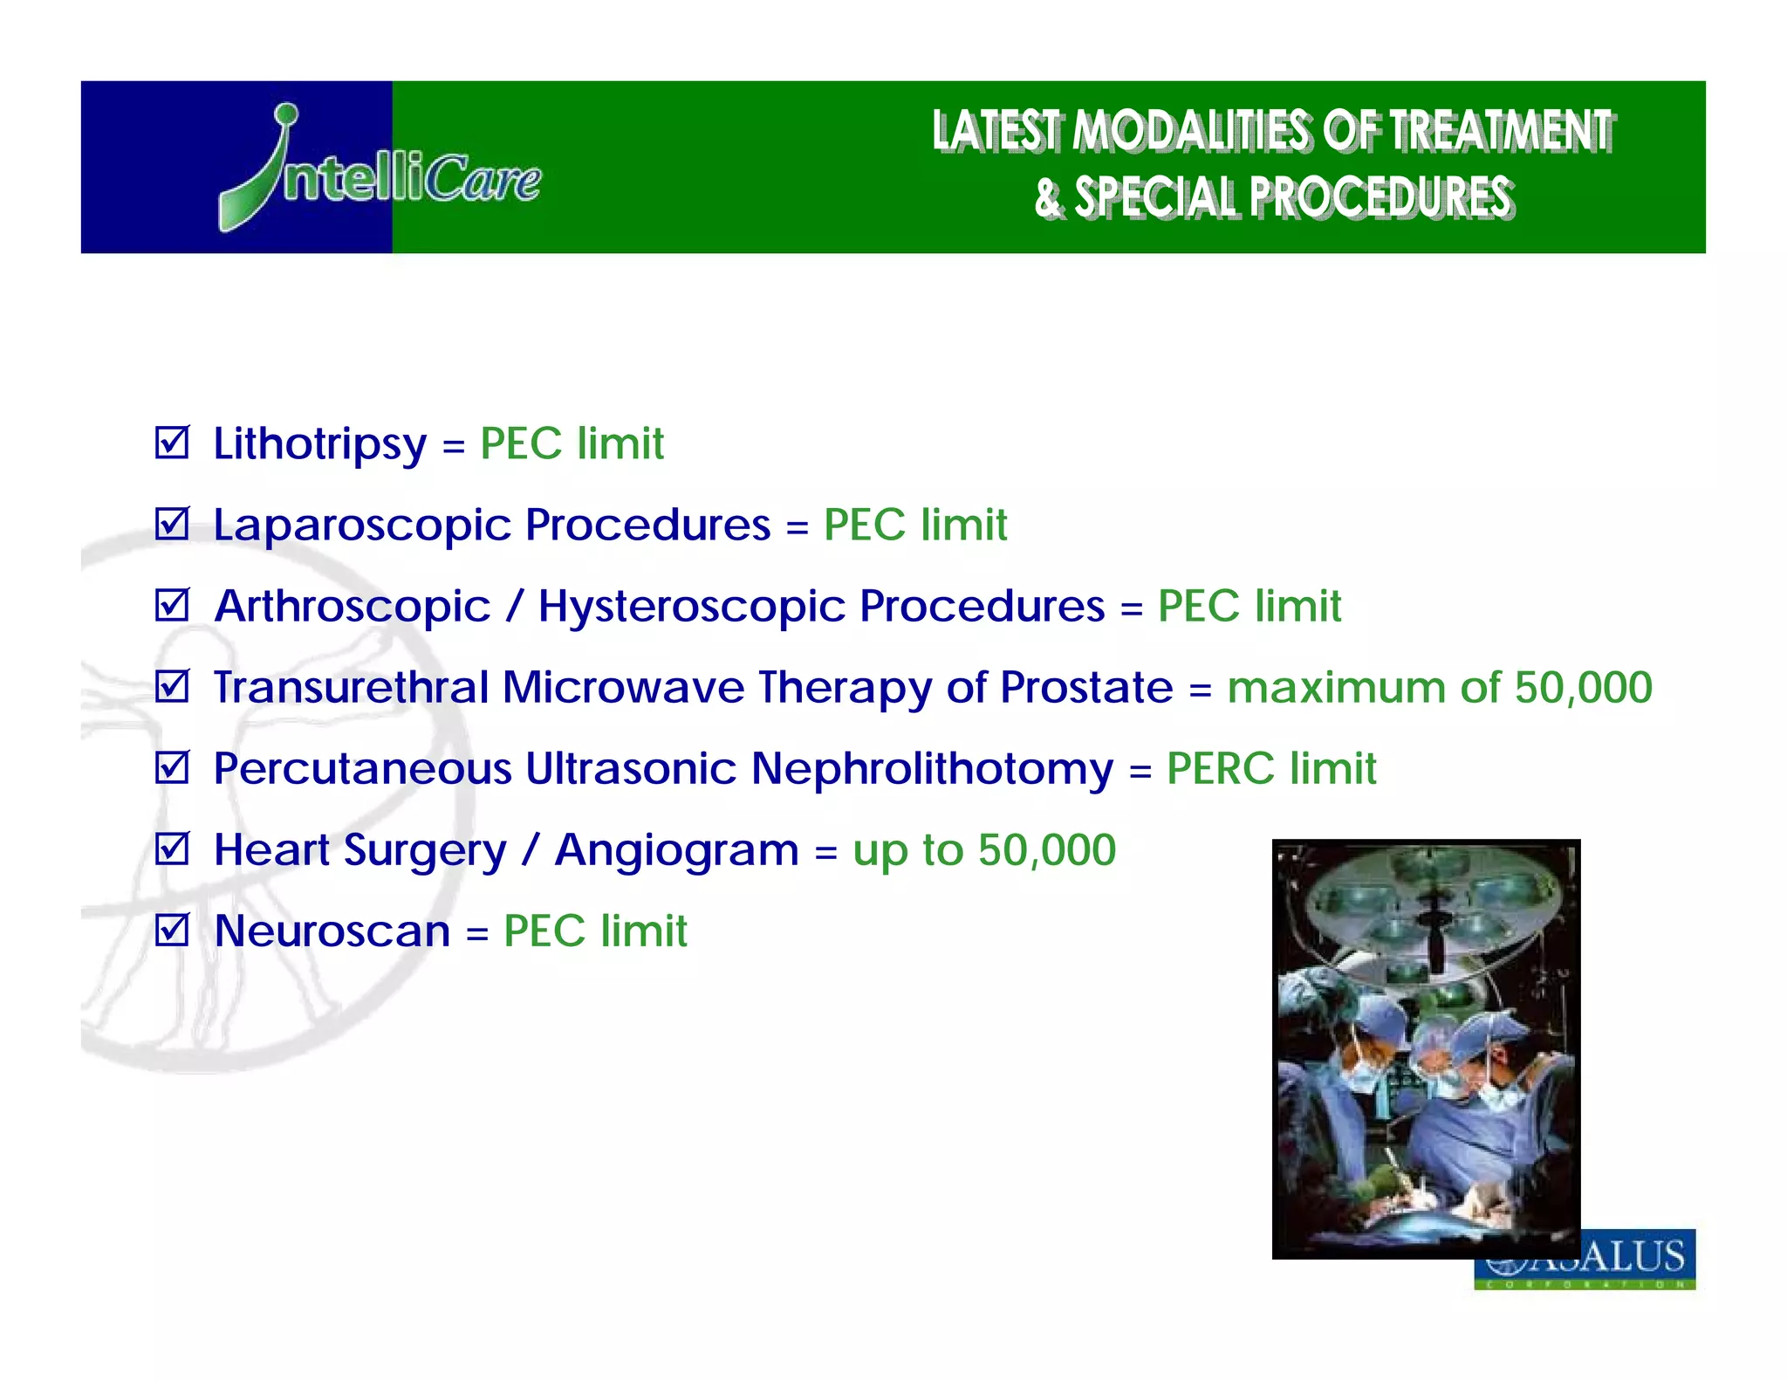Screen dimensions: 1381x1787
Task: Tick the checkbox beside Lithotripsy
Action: [x=172, y=443]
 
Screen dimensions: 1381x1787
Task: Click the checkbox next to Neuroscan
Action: [x=172, y=930]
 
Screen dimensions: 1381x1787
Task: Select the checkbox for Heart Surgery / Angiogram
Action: [x=172, y=849]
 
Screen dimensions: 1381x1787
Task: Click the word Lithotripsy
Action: [x=319, y=444]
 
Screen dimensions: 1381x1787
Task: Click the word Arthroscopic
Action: [x=353, y=607]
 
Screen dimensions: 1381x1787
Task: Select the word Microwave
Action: [x=623, y=687]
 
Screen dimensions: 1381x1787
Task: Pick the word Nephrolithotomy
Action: [x=932, y=769]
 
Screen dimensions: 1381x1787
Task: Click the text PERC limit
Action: [x=1270, y=769]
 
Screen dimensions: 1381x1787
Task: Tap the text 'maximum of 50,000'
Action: [x=1439, y=687]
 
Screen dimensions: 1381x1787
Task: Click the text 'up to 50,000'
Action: [x=983, y=850]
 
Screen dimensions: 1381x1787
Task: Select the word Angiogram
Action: [x=676, y=850]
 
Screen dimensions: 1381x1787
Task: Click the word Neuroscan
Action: [x=332, y=931]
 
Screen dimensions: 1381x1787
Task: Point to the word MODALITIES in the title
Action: [x=1190, y=131]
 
